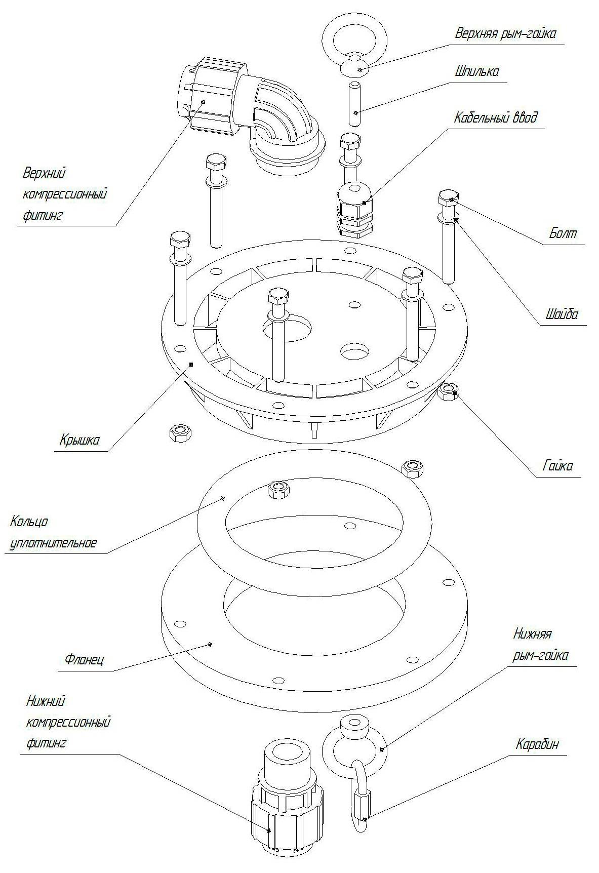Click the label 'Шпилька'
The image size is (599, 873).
(476, 71)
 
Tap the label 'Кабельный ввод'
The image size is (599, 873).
(495, 117)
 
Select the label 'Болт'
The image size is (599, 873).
(563, 233)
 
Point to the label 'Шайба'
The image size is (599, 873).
(562, 314)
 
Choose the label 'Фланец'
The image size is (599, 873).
(84, 660)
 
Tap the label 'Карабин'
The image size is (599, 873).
(538, 744)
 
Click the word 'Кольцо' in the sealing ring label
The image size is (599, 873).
(29, 521)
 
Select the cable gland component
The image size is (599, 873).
(354, 209)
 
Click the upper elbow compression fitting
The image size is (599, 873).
(248, 115)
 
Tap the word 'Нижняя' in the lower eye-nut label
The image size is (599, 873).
(532, 633)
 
